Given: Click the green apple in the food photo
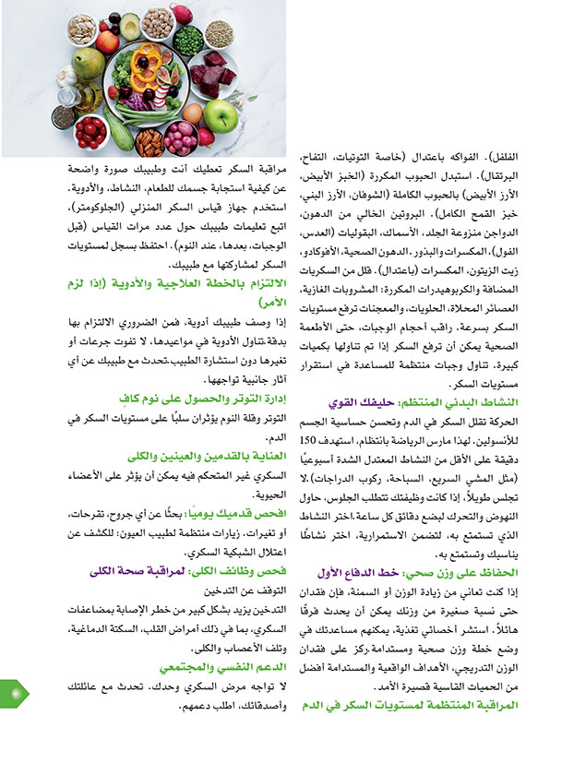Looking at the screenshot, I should pos(221,114).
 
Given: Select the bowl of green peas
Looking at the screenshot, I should pos(188,42).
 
